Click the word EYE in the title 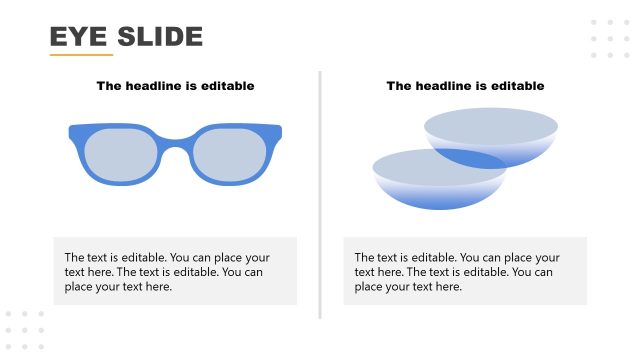[x=78, y=37]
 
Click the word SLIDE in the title [x=160, y=37]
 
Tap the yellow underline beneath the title [x=81, y=55]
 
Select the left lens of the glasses [x=121, y=156]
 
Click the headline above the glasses [x=175, y=86]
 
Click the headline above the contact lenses [x=465, y=86]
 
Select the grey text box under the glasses [x=175, y=271]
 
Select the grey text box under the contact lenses [x=465, y=271]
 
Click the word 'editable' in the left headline [x=227, y=86]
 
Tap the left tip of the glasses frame [x=71, y=131]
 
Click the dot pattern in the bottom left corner [x=25, y=330]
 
